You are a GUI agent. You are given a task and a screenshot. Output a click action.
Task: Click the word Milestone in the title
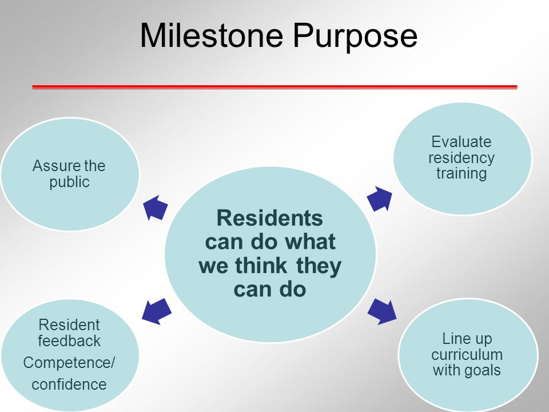211,35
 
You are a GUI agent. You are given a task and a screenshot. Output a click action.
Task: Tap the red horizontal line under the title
274,87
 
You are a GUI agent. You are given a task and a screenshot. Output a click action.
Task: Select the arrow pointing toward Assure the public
156,208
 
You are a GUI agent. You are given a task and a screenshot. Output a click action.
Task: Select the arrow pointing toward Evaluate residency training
380,199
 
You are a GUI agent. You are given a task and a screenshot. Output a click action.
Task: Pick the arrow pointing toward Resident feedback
157,311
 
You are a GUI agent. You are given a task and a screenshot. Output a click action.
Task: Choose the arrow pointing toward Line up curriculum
382,311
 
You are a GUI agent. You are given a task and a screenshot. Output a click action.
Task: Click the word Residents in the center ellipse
269,218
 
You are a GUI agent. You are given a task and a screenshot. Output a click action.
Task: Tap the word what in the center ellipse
310,241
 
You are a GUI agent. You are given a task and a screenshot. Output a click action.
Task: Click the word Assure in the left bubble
53,166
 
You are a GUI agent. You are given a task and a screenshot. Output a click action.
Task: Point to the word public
69,182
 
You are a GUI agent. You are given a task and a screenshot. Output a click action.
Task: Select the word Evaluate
461,142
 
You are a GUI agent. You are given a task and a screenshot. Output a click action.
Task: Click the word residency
461,158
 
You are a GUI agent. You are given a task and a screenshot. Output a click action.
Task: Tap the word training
462,174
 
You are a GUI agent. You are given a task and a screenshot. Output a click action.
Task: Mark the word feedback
69,340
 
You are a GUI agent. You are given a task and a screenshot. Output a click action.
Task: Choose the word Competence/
69,363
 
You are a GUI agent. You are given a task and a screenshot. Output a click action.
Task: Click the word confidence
69,385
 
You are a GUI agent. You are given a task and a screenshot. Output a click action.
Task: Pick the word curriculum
467,355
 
